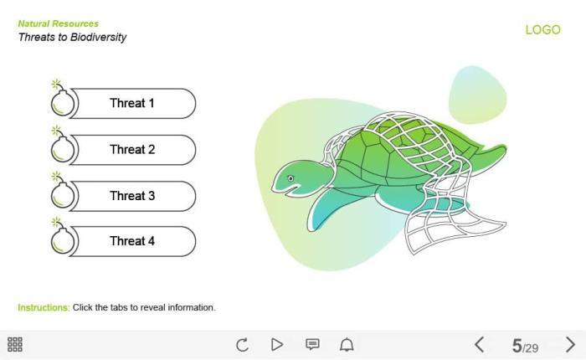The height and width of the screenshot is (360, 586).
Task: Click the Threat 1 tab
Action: click(x=132, y=104)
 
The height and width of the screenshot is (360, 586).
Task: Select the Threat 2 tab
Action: click(x=132, y=150)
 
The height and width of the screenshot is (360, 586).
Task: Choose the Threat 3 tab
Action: click(x=132, y=196)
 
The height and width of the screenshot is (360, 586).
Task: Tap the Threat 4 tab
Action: click(x=132, y=241)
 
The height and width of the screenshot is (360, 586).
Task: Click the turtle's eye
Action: click(x=290, y=178)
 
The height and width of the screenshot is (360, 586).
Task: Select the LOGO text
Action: click(x=543, y=29)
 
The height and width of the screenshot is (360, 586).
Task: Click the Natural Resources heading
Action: click(x=59, y=23)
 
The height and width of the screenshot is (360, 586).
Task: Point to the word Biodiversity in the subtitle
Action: click(x=98, y=38)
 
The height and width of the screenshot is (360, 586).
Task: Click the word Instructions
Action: click(x=44, y=307)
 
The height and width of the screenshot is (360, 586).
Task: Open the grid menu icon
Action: click(x=15, y=345)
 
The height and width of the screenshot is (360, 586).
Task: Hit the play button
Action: click(x=276, y=345)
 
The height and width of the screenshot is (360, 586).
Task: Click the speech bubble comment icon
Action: click(x=312, y=344)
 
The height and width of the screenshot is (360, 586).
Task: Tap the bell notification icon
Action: click(x=347, y=345)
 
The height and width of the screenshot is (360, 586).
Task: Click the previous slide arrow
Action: click(x=480, y=345)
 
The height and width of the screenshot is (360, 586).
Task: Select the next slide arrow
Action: click(x=570, y=345)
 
